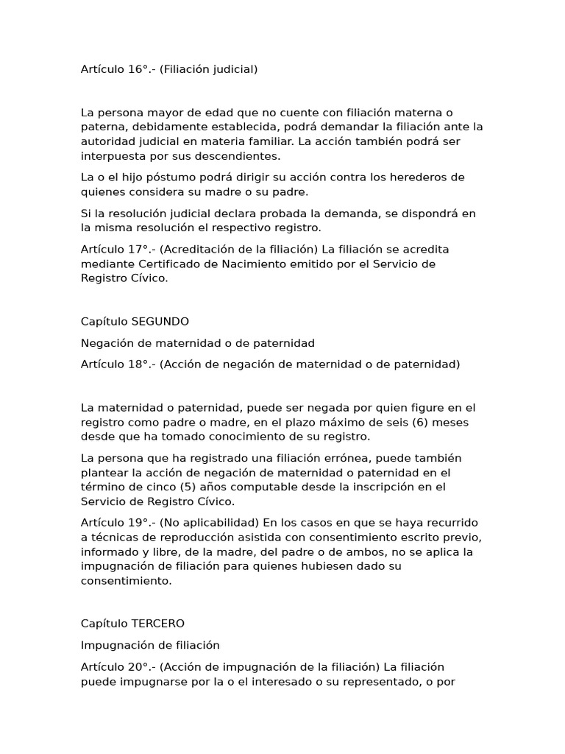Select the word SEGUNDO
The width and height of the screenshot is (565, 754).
point(160,322)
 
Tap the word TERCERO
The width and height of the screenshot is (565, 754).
point(158,624)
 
